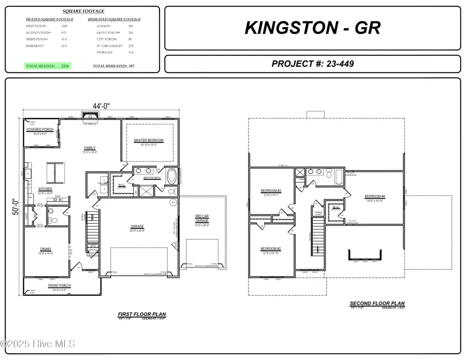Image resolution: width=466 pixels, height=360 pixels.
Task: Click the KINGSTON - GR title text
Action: [312, 27]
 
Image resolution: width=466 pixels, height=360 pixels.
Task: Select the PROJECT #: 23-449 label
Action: [312, 64]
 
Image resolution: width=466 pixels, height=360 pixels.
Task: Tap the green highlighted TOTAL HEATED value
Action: [48, 66]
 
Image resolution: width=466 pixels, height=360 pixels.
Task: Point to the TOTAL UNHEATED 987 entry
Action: [113, 66]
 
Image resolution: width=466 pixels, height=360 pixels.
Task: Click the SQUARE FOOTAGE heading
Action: [83, 11]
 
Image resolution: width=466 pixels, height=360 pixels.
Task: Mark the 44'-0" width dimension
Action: [101, 106]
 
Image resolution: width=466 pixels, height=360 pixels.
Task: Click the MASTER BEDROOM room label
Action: [149, 140]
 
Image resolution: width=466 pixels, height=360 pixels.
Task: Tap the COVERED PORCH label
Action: [40, 129]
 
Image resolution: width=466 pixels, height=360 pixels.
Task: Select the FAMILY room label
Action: [91, 148]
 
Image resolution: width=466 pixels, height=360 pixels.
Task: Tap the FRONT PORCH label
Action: [60, 285]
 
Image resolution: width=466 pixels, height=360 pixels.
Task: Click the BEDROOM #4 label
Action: [375, 196]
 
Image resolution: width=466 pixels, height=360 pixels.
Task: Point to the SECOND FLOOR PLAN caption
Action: [377, 304]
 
